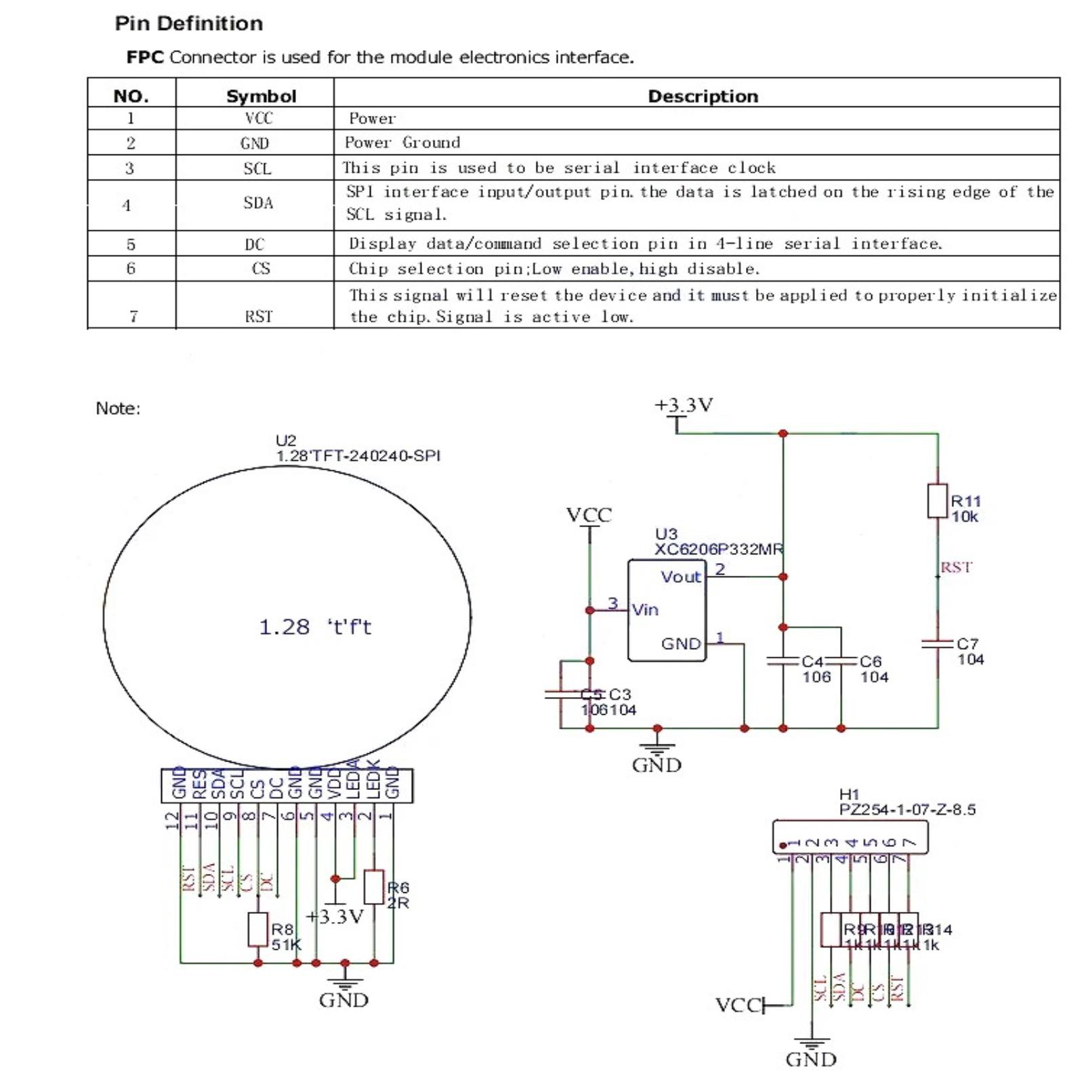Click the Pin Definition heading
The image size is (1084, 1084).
(188, 24)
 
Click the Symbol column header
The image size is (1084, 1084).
(261, 96)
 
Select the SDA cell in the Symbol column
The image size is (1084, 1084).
(258, 203)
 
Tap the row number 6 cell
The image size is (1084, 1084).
(131, 268)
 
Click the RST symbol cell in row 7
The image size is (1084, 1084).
(258, 316)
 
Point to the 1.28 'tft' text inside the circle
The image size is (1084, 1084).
(315, 627)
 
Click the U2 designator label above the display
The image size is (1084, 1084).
(286, 440)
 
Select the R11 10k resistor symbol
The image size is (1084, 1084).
(938, 501)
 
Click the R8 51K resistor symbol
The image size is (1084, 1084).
(257, 930)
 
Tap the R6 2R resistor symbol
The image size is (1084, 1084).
(374, 887)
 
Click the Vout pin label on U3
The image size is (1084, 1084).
(680, 577)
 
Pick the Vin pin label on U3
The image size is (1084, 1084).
(645, 610)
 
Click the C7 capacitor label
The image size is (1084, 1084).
(967, 644)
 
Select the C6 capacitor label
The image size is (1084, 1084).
(871, 661)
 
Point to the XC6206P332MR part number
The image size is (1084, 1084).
(718, 549)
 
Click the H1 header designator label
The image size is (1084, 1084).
(849, 794)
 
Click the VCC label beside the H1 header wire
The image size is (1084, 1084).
(738, 1005)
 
